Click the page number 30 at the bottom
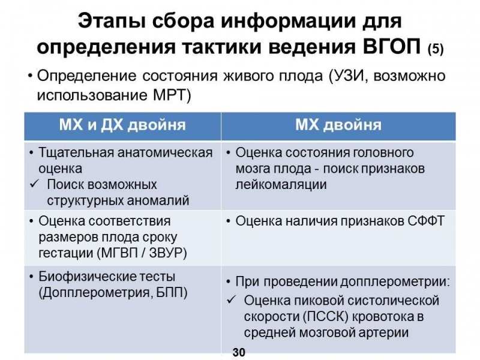(239, 352)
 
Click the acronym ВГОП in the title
(392, 47)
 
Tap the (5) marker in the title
(436, 49)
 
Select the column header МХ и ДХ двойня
(122, 125)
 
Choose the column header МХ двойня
(338, 125)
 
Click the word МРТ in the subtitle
(170, 95)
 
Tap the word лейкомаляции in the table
(281, 185)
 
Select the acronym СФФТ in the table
(426, 221)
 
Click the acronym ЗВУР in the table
(166, 253)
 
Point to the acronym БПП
(172, 293)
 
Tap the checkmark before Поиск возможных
(34, 184)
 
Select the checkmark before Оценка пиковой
(230, 300)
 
